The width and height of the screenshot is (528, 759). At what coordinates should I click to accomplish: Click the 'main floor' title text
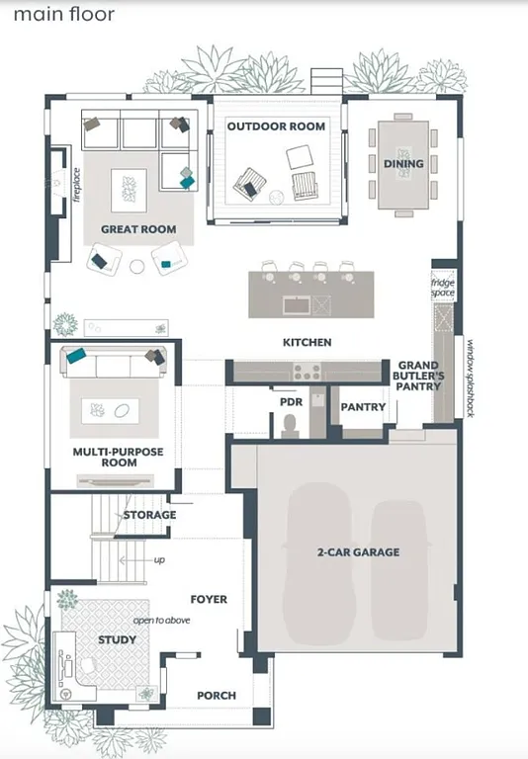(x=64, y=15)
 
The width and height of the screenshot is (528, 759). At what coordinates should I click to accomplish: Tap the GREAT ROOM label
(x=138, y=229)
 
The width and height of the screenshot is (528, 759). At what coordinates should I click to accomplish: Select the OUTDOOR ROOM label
(x=276, y=126)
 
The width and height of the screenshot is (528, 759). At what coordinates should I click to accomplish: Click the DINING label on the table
(x=403, y=164)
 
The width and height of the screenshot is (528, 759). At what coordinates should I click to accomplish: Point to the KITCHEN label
(x=308, y=343)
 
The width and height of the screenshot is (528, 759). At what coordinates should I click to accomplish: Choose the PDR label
(x=290, y=401)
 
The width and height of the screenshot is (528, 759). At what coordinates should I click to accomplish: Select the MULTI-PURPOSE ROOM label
(x=118, y=458)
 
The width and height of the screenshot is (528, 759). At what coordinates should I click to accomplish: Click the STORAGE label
(x=149, y=515)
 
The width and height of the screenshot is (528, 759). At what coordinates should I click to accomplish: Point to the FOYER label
(x=209, y=599)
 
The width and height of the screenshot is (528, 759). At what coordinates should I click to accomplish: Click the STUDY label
(x=117, y=639)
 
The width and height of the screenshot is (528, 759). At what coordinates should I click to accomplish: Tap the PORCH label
(x=216, y=696)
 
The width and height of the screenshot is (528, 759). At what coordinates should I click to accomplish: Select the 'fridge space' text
(x=442, y=288)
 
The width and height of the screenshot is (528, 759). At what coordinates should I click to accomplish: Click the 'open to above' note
(x=162, y=621)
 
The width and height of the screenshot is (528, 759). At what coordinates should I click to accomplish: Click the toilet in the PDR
(x=291, y=424)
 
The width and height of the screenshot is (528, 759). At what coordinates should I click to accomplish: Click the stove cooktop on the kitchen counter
(x=306, y=372)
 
